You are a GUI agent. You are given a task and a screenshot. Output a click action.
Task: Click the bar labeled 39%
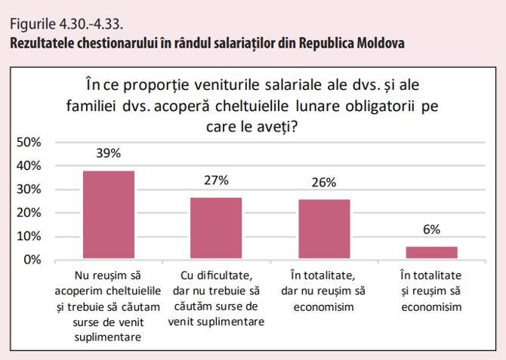click(x=108, y=215)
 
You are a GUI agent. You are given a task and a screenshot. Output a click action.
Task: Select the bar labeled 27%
click(x=216, y=229)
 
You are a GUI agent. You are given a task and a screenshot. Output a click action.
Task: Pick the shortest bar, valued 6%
click(x=431, y=253)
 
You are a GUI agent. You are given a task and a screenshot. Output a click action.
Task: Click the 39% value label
click(x=108, y=153)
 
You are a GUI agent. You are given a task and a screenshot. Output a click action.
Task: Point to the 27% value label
click(x=216, y=180)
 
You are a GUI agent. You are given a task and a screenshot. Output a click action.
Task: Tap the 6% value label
click(x=431, y=230)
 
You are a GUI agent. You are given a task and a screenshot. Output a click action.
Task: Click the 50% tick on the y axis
click(x=29, y=142)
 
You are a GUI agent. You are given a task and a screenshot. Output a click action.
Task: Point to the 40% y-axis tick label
click(x=29, y=165)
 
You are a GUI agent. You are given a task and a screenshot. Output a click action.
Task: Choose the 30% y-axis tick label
click(x=29, y=189)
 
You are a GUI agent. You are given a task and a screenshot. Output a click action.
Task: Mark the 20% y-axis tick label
click(x=29, y=213)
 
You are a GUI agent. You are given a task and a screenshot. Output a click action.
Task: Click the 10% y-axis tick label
click(x=29, y=236)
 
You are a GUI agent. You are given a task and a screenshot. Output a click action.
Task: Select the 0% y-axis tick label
click(x=32, y=260)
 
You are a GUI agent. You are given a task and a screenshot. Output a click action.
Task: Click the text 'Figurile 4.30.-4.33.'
click(x=66, y=24)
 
